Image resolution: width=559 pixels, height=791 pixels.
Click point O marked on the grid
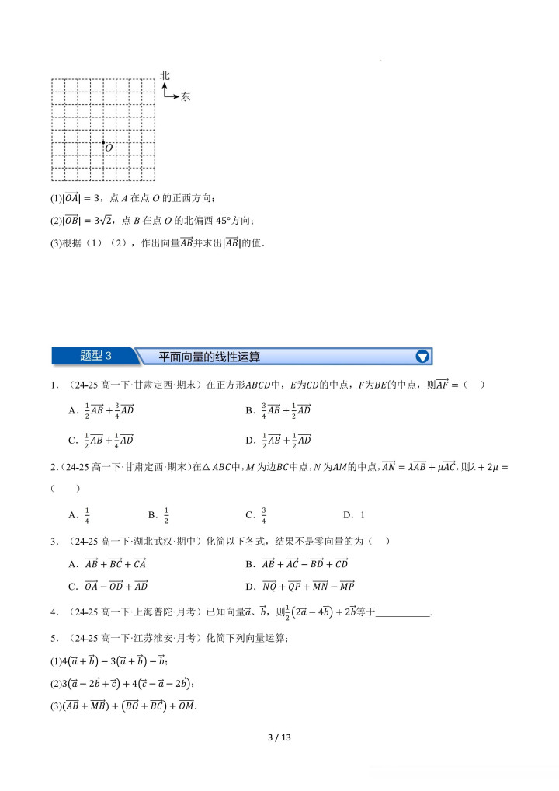coord(103,142)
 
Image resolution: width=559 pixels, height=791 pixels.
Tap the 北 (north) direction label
coord(165,75)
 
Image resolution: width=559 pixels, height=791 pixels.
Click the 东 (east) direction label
coord(185,97)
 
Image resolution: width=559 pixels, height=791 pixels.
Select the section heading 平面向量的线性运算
coord(209,357)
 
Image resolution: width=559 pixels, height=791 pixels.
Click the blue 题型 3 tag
coord(96,357)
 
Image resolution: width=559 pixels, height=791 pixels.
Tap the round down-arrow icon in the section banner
coord(422,357)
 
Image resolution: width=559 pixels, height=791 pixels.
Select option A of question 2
coord(79,514)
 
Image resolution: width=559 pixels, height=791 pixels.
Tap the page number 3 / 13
coord(279,737)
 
